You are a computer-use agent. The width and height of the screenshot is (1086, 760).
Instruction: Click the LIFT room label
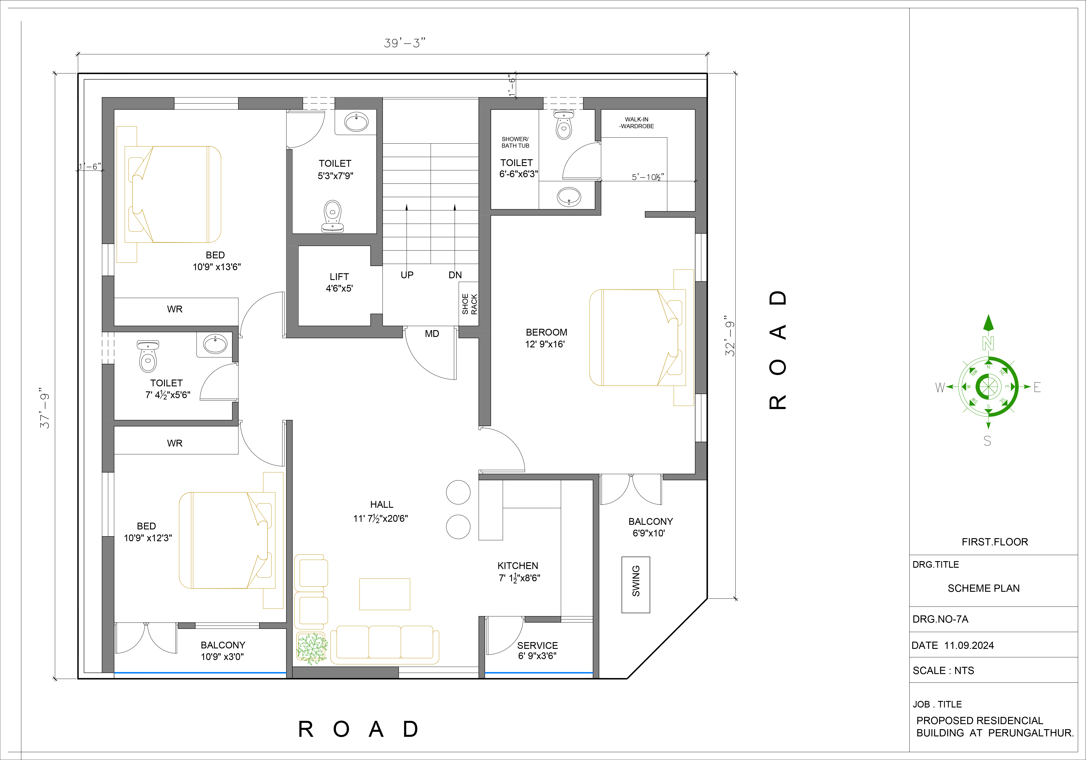[339, 277]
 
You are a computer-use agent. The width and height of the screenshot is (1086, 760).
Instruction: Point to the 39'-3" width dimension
[404, 43]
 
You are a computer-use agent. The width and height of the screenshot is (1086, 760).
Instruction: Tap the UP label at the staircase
[407, 275]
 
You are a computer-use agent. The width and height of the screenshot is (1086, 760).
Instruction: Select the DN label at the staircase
[455, 275]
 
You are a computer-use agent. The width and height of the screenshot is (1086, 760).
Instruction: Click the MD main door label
[432, 334]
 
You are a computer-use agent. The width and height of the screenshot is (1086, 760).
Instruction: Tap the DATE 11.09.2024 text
[953, 646]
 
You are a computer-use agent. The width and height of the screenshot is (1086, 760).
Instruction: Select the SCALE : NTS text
[943, 671]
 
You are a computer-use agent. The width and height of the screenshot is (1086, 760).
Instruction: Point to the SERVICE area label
[537, 646]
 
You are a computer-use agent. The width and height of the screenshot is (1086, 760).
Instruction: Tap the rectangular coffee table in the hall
[384, 594]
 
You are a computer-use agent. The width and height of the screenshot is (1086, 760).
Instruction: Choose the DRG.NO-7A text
[940, 619]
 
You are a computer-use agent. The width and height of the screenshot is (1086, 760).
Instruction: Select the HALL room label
[382, 504]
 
